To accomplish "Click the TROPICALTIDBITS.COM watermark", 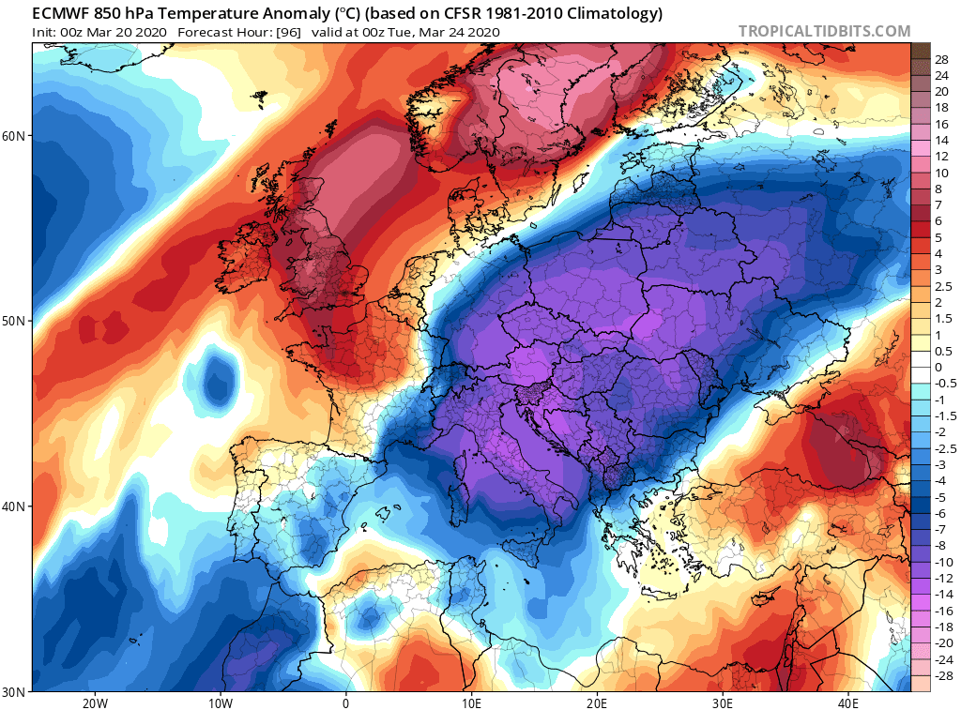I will pos(824,31).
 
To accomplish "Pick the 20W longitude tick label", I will pos(94,702).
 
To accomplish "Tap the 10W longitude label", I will pos(220,702).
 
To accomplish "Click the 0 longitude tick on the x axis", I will pos(345,702).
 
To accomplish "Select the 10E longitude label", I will pos(471,702).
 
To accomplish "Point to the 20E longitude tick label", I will pos(597,702).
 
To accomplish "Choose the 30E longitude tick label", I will pos(723,702).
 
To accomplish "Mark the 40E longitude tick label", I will pos(848,702).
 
